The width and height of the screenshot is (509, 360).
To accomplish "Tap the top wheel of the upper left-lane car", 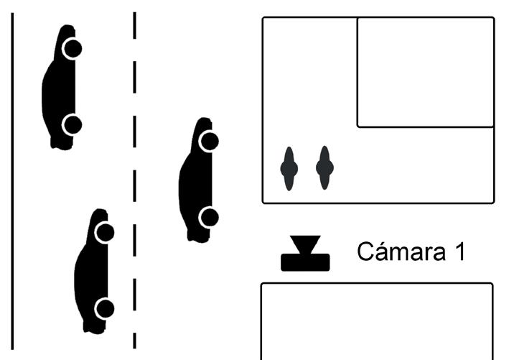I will pos(71,49).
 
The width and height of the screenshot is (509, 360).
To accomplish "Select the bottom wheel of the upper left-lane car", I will pos(71,125).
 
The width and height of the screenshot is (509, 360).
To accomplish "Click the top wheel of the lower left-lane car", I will pos(104,232).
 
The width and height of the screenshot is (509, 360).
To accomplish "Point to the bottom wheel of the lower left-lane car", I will pos(104,309).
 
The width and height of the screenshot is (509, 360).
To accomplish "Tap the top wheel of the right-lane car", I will pos(208,141).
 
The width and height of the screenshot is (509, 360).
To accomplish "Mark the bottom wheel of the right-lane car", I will pos(209,216).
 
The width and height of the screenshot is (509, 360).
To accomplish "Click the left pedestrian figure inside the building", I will pos(289,169).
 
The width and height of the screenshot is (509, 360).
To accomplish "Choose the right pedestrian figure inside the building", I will pos(324,169).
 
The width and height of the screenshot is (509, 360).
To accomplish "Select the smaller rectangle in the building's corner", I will pos(426,72).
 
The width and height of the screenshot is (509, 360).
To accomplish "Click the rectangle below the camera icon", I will pos(376,321).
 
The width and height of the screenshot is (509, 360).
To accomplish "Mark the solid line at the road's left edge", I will pos(12,180).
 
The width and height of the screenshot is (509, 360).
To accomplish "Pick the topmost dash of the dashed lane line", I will pos(134,24).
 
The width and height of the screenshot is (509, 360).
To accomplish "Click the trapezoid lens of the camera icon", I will pos(305,244).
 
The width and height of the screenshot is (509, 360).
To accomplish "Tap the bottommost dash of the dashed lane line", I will pos(134,340).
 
